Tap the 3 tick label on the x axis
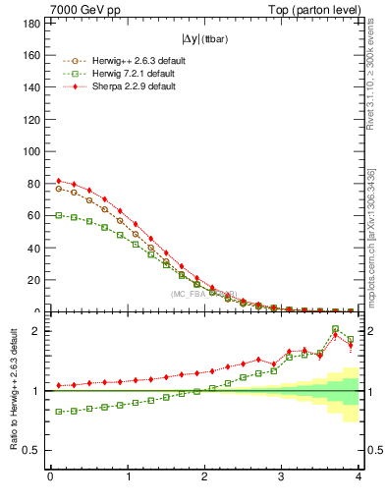(x=282, y=477)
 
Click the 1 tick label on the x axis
(x=128, y=477)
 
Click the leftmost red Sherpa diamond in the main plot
(x=59, y=181)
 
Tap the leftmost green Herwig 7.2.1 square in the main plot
(x=59, y=215)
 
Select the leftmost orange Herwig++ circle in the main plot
(x=59, y=189)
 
